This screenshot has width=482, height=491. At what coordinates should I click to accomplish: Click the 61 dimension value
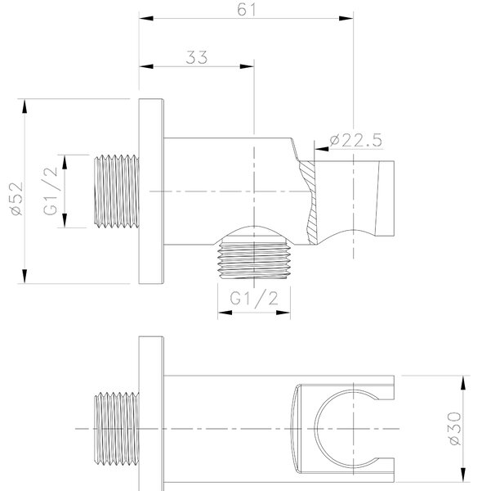click(x=247, y=9)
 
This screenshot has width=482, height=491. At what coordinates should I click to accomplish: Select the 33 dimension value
click(x=197, y=57)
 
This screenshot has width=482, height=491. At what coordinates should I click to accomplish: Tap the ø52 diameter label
click(x=16, y=199)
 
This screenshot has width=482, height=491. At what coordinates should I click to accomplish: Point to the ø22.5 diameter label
click(x=355, y=140)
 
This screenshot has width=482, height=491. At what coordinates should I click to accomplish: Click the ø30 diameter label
click(x=454, y=428)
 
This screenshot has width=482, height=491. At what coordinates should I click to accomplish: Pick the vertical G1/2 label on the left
click(x=51, y=191)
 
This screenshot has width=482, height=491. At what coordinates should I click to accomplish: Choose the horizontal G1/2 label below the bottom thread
click(x=254, y=299)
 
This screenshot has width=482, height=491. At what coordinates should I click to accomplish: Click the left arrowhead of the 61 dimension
click(x=146, y=18)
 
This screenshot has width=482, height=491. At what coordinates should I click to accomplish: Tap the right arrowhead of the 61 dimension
click(x=346, y=18)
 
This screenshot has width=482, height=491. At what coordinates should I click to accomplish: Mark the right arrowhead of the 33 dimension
click(x=247, y=66)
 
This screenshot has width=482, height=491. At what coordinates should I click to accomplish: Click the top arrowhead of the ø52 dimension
click(x=25, y=106)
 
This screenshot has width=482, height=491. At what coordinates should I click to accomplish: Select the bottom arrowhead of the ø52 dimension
click(x=25, y=277)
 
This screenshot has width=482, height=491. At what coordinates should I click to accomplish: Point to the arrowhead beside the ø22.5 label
click(x=322, y=149)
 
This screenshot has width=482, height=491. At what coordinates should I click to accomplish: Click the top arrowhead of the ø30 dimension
click(x=463, y=383)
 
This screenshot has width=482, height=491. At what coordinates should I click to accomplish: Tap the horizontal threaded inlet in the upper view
click(x=117, y=191)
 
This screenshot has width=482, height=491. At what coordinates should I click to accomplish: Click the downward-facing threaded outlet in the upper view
click(x=254, y=260)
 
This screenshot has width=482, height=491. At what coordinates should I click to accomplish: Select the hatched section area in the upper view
click(x=309, y=202)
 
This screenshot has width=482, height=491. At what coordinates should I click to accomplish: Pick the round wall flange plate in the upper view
click(x=151, y=191)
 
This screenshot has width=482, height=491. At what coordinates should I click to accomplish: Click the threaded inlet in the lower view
click(x=117, y=428)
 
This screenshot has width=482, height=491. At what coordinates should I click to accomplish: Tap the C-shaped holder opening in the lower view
click(x=315, y=428)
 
